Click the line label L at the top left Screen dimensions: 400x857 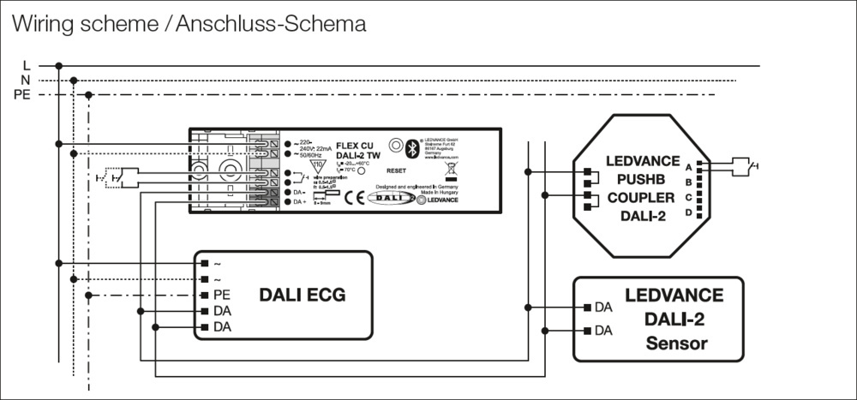(x=27, y=65)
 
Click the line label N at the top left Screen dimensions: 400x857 (x=27, y=80)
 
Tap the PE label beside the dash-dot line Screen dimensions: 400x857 (x=22, y=94)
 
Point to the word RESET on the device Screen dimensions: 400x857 (x=396, y=171)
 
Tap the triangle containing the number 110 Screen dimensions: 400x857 (x=317, y=164)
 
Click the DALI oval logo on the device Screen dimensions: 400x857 (x=391, y=197)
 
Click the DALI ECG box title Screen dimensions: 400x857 (x=302, y=296)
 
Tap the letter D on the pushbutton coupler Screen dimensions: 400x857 (x=688, y=212)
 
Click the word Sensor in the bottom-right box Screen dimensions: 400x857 (x=677, y=343)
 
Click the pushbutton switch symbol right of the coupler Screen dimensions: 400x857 (x=747, y=165)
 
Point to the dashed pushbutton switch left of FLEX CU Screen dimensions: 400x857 (x=114, y=177)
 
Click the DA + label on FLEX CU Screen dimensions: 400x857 (x=299, y=203)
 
